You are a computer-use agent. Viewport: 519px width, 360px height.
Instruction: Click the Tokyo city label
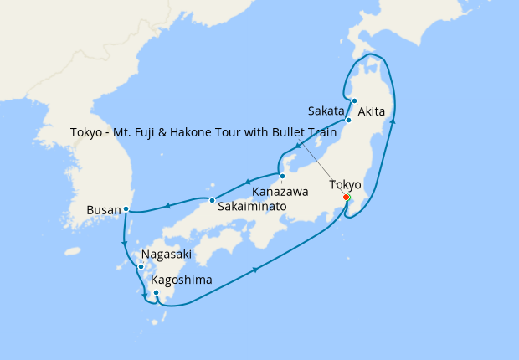point(345,184)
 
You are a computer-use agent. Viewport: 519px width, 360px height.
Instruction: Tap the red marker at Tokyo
point(347,198)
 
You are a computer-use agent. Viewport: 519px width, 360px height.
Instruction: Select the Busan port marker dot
point(126,208)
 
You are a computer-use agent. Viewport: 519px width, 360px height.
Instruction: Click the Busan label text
point(103,209)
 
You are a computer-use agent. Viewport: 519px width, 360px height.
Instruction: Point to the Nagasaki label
point(167,255)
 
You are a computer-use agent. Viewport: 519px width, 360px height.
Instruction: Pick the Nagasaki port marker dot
point(141,266)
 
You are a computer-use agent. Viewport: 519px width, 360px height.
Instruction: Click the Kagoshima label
point(182,280)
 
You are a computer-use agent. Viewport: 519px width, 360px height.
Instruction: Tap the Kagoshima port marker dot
point(157,293)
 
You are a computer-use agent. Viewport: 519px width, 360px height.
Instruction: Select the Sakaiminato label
point(252,206)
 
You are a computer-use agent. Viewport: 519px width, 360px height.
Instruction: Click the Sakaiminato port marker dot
point(213,199)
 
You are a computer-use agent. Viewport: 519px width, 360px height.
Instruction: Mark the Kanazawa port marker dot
point(282,177)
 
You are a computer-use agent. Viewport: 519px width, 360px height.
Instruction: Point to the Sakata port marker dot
point(349,121)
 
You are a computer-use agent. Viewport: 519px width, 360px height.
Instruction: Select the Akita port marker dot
point(354,101)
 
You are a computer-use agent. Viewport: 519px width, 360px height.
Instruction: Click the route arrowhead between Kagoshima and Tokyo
point(254,269)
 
